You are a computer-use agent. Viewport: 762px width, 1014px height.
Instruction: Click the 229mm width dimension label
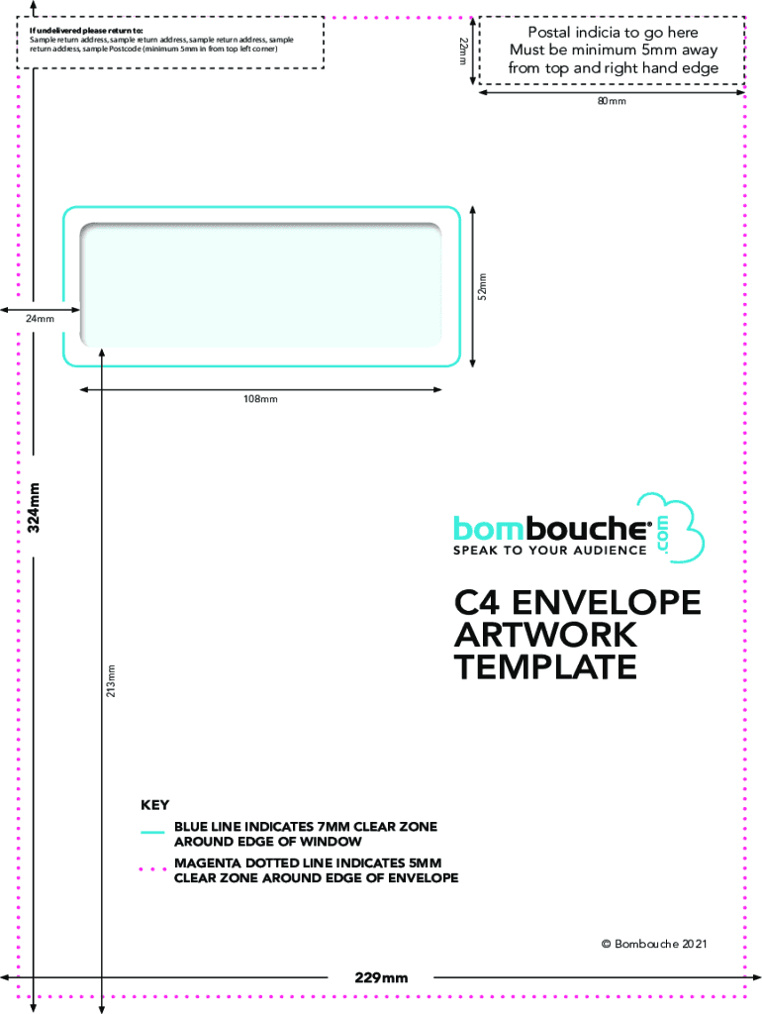click(x=381, y=977)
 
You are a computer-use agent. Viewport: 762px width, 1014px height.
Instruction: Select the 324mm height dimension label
click(x=34, y=508)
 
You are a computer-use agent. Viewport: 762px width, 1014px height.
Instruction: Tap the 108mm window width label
click(x=260, y=399)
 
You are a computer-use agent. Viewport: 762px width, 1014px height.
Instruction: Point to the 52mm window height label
click(x=482, y=286)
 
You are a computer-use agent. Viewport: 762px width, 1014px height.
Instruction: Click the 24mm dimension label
click(x=40, y=318)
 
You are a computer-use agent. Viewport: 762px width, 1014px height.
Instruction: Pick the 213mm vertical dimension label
click(x=111, y=680)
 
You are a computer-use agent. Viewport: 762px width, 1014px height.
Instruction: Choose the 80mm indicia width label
click(x=612, y=101)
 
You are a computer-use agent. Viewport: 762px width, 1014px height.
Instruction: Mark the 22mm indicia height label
click(x=463, y=51)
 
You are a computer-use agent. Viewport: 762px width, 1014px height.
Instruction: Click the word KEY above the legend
click(x=155, y=805)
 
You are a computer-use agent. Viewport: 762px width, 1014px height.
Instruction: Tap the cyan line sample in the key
click(x=152, y=832)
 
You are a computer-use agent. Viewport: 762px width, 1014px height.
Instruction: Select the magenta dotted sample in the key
click(x=152, y=869)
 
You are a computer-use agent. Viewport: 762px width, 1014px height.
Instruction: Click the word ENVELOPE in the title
click(x=607, y=602)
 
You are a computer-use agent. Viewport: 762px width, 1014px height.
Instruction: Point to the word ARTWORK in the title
click(x=546, y=635)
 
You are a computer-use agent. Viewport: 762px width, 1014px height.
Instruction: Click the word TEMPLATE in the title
click(x=546, y=666)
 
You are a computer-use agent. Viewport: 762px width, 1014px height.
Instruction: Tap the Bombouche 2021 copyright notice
click(x=654, y=944)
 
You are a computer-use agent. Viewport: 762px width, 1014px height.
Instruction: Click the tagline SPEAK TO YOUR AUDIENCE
click(x=550, y=551)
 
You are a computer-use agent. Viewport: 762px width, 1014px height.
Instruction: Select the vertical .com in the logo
click(x=662, y=534)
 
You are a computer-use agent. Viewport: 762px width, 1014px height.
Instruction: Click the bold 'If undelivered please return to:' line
click(x=87, y=31)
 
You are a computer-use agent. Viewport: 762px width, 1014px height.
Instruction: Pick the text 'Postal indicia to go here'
click(x=614, y=33)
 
